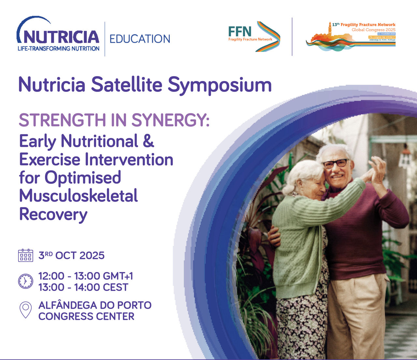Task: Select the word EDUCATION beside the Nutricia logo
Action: tap(140, 39)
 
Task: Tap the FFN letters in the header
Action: tap(240, 31)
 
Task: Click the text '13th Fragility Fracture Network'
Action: tap(364, 24)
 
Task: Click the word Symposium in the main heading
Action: tap(220, 85)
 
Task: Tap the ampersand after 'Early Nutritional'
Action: tap(148, 141)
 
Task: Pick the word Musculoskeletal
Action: tap(79, 196)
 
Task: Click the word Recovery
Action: tap(53, 214)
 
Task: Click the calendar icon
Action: tap(25, 255)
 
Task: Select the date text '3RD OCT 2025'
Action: tap(71, 255)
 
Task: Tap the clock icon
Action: tap(25, 281)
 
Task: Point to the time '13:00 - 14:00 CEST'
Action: tap(83, 287)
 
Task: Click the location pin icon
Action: tap(25, 310)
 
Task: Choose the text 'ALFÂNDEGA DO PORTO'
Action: tap(95, 305)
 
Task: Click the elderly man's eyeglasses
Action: tap(336, 163)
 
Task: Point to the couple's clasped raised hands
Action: tap(375, 169)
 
